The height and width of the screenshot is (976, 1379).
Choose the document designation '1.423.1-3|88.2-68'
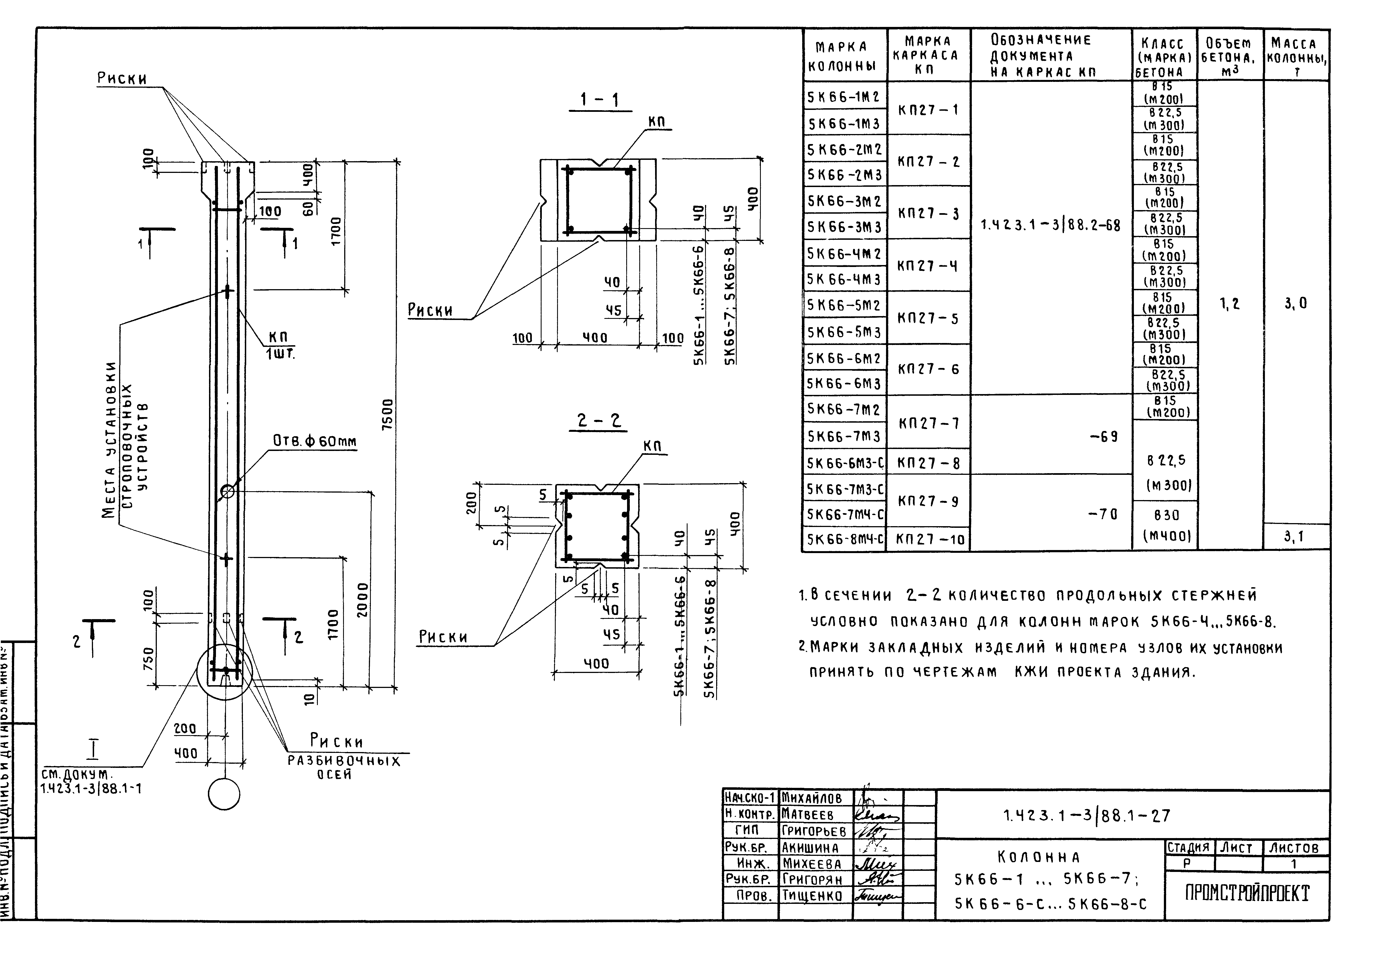1050,226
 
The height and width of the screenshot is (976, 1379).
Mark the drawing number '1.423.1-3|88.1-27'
1086,816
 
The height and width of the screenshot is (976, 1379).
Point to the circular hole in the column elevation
227,491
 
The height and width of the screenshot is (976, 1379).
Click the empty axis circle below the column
224,795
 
